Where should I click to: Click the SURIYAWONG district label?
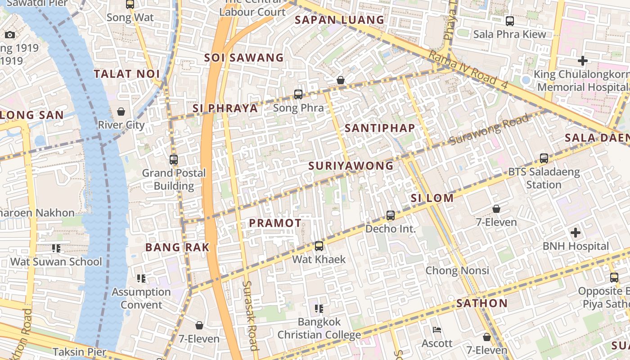351,166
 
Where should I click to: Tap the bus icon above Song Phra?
298,94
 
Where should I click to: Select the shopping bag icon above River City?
121,111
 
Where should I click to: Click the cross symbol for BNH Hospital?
575,233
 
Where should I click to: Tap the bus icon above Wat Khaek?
319,246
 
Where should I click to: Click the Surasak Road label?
250,315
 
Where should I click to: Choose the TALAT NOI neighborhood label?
126,74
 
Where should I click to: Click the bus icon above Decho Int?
391,215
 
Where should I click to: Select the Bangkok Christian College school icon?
319,308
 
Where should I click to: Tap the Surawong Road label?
489,130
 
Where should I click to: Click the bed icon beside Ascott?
436,330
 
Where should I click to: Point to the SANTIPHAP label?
380,128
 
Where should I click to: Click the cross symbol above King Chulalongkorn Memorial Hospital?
583,60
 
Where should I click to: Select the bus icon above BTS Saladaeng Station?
544,158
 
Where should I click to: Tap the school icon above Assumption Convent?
141,279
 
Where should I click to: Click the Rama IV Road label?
468,68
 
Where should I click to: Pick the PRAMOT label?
275,223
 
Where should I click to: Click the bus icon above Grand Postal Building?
174,159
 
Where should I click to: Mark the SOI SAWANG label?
244,58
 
